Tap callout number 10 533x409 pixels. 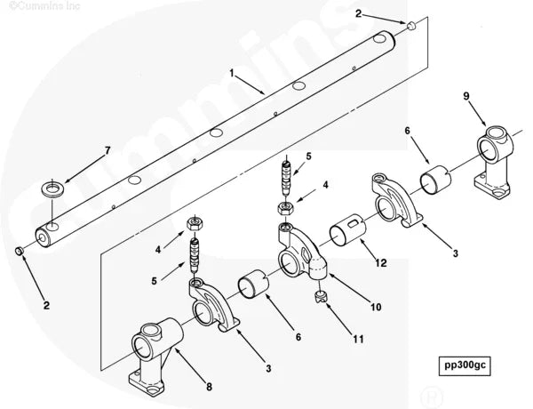[x=376, y=308]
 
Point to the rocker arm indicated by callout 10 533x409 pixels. [x=298, y=258]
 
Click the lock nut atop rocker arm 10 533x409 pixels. [x=286, y=209]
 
